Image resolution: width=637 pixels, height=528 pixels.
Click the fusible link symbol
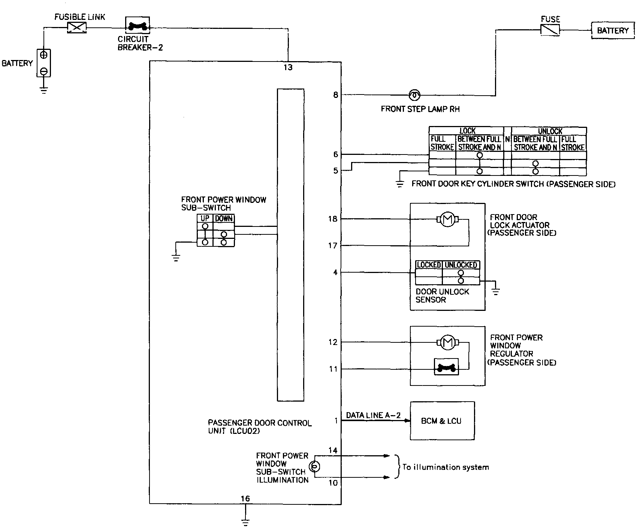pyautogui.click(x=76, y=27)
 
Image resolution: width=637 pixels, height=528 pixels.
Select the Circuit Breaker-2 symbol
pyautogui.click(x=137, y=26)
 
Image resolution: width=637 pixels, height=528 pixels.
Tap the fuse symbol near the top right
pyautogui.click(x=550, y=30)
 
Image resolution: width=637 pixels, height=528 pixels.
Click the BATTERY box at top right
pyautogui.click(x=613, y=30)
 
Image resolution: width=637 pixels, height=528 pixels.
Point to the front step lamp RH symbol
pyautogui.click(x=414, y=95)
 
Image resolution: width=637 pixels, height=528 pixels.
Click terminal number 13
pyautogui.click(x=288, y=68)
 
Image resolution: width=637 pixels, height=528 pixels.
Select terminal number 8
pyautogui.click(x=335, y=95)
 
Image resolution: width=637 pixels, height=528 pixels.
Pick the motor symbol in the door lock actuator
pyautogui.click(x=446, y=219)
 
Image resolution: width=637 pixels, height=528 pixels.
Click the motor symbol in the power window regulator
pyautogui.click(x=446, y=342)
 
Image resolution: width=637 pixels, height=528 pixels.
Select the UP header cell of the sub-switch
pyautogui.click(x=205, y=219)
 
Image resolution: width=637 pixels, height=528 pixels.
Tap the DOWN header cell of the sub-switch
pyautogui.click(x=224, y=219)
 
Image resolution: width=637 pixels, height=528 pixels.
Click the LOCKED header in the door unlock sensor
pyautogui.click(x=429, y=265)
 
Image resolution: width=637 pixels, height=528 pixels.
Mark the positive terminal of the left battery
pyautogui.click(x=44, y=55)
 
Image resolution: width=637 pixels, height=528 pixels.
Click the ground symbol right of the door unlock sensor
pyautogui.click(x=496, y=291)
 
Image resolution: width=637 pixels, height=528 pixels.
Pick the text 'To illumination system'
pyautogui.click(x=446, y=467)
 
